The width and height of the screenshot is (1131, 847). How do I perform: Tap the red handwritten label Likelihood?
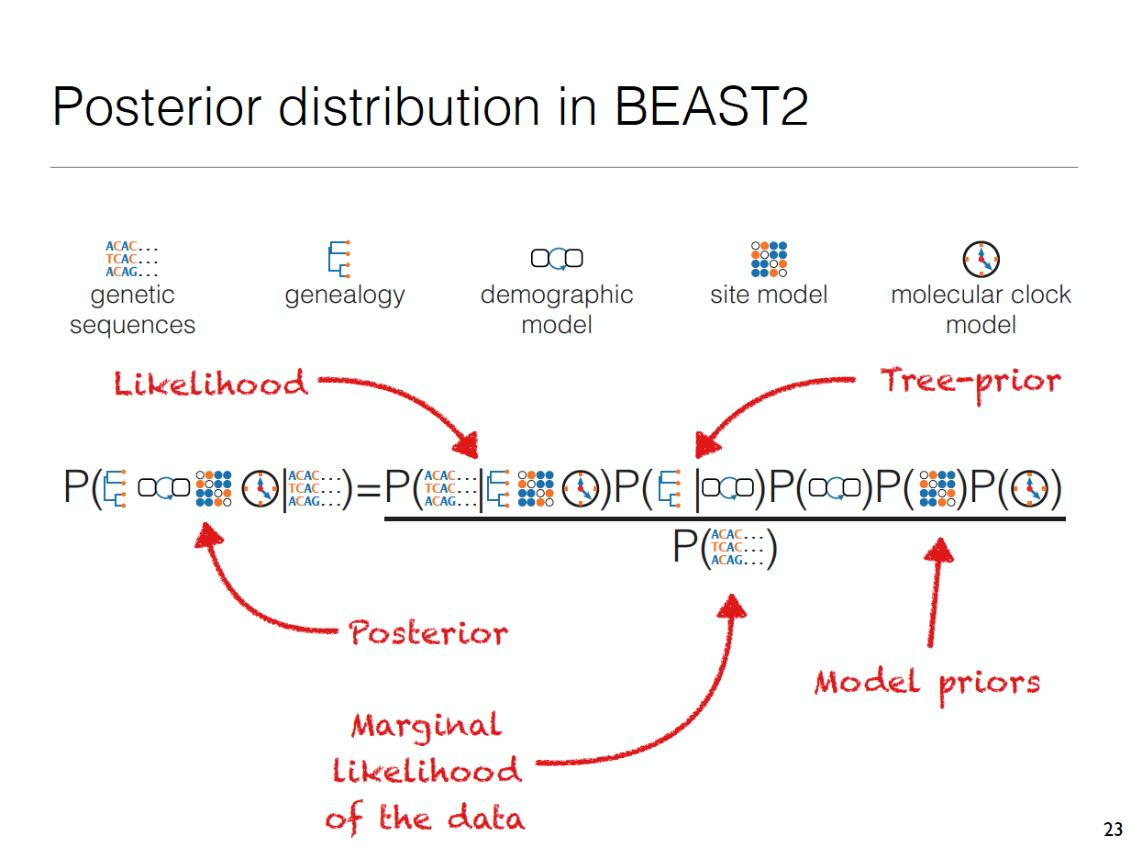pos(211,383)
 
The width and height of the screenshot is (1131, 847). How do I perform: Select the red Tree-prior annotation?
pos(970,380)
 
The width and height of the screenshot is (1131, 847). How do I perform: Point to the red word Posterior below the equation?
pos(428,633)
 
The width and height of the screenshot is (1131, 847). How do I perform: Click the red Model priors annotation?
pos(927,683)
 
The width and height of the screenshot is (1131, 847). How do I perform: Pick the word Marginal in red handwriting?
pos(427,726)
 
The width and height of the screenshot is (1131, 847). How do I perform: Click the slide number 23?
pos(1113,830)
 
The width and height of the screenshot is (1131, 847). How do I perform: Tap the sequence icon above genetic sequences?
pos(132,260)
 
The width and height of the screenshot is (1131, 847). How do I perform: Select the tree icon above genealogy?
pos(339,258)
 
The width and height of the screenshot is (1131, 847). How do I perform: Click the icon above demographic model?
pos(557,259)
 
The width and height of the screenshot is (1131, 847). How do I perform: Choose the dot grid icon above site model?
pos(769,259)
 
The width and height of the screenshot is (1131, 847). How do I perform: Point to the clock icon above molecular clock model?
pos(981,260)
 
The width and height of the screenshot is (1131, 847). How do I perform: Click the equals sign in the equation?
pos(368,491)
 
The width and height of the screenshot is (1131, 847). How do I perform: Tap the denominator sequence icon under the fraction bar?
pos(738,547)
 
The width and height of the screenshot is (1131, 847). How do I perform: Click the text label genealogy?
pos(345,295)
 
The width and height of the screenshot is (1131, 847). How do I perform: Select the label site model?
pos(769,295)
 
